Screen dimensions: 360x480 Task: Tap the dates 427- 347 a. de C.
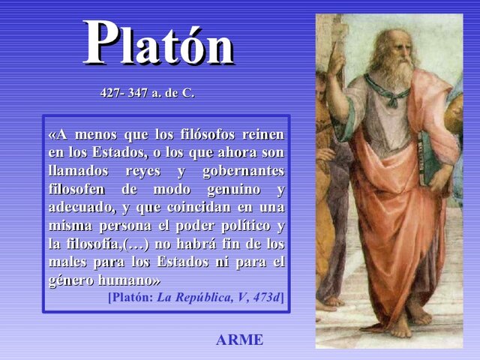(147, 94)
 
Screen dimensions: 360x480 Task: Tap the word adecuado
(80, 206)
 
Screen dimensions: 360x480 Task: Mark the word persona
(127, 225)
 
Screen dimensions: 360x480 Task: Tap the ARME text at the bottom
(239, 340)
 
